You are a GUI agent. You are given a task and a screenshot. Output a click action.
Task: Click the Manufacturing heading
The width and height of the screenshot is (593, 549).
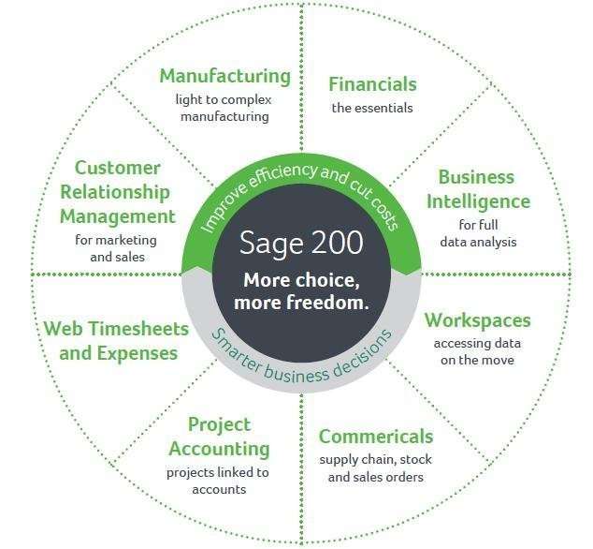coord(225,76)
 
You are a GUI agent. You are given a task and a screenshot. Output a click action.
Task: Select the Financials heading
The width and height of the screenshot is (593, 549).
coord(372,84)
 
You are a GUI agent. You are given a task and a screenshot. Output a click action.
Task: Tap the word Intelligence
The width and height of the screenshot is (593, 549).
coord(478,201)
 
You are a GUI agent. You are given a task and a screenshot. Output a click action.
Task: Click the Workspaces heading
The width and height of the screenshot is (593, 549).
coord(478,321)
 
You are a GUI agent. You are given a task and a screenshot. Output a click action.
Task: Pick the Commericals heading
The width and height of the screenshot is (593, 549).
coord(376,437)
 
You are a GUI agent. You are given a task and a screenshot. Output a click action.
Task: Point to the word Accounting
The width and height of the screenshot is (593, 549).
coord(220,450)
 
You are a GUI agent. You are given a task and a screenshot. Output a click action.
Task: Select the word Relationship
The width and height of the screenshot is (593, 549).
coord(115,192)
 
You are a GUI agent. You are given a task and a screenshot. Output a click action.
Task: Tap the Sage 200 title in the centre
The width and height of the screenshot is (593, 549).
coord(301,243)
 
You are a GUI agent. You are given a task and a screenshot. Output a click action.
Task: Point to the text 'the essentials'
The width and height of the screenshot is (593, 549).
coord(372,108)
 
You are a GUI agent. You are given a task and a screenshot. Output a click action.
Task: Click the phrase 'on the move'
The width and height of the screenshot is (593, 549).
coord(477,360)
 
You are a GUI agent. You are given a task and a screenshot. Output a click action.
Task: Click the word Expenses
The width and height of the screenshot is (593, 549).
coord(137,354)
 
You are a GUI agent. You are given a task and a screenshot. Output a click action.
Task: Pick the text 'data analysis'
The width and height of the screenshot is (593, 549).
coord(478,242)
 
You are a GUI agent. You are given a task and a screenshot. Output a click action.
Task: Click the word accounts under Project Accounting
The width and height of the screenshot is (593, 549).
coord(219,490)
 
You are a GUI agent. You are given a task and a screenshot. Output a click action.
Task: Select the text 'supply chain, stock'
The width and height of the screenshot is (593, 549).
coord(376,460)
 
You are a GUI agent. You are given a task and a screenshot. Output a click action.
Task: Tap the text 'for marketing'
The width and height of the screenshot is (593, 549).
coord(116,241)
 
